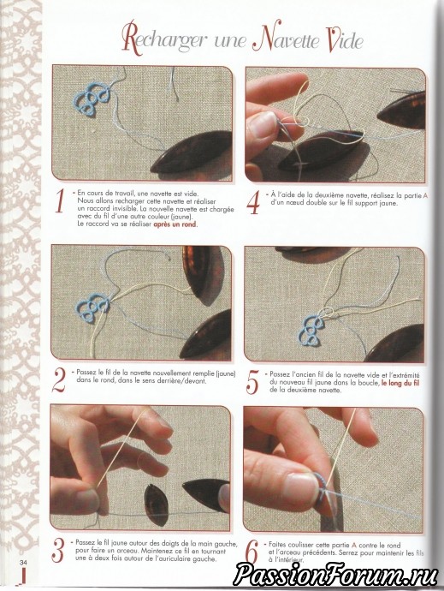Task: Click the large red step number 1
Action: coord(59,201)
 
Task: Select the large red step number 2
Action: coord(59,380)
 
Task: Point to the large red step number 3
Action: coord(58,551)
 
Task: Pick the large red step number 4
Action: coord(253,202)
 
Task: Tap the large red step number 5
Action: coord(252,381)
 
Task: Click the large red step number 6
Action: coord(252,552)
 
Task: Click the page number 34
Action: coord(24,563)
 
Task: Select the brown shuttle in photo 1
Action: coord(192,152)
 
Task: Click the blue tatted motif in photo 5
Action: coord(311,331)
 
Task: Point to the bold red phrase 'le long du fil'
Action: coord(400,384)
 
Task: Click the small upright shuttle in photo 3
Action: coord(157,504)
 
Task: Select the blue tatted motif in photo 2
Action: coord(93,310)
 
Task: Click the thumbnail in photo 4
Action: coord(262,124)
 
